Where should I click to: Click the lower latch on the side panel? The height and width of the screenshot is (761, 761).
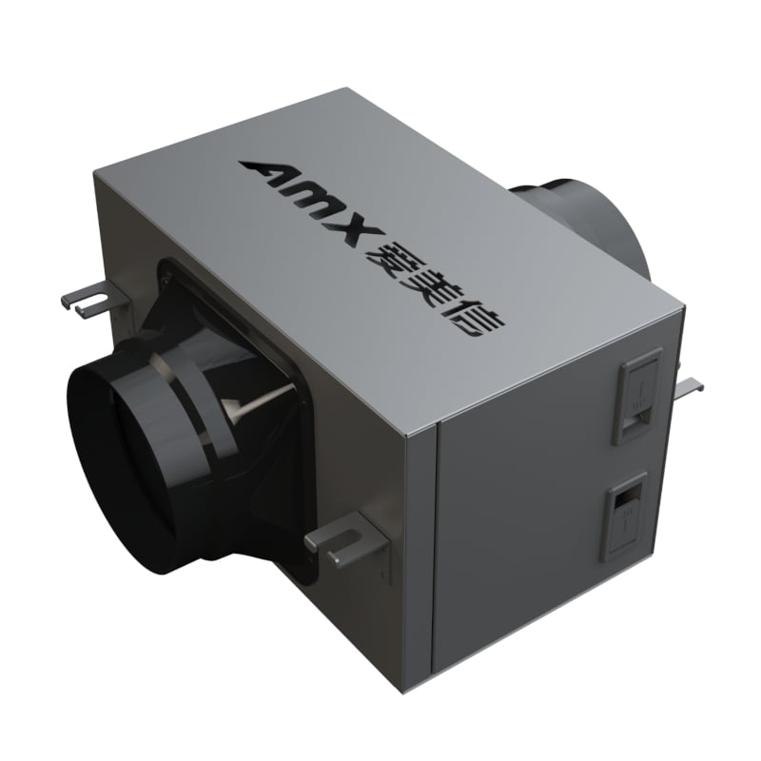coord(623,515)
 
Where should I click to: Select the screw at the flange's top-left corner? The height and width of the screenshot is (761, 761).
coord(171,276)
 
